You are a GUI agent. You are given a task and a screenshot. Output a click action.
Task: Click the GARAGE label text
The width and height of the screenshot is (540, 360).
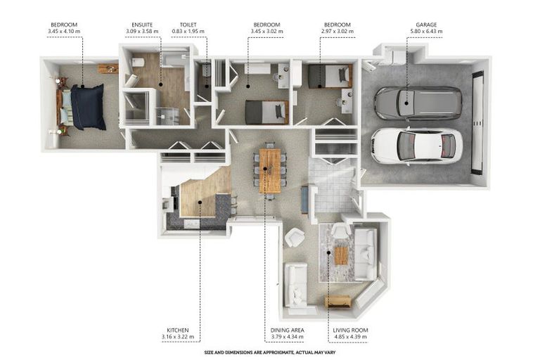426,25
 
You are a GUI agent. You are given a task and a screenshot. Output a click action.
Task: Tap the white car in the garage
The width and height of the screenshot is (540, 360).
417,146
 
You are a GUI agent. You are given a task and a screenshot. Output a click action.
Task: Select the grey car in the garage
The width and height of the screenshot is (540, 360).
418,103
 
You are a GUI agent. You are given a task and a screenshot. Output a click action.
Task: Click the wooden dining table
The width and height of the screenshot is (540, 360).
270,171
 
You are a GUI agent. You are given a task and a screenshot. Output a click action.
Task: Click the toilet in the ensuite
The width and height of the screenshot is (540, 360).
138,63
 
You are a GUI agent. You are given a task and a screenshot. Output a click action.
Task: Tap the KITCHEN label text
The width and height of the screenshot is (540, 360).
178,330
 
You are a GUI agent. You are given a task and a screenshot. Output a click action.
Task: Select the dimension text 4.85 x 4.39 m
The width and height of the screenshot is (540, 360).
350,337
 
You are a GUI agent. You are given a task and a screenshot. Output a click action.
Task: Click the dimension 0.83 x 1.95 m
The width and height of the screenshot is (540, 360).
188,32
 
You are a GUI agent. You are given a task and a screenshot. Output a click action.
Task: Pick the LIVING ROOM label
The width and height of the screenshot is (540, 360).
350,330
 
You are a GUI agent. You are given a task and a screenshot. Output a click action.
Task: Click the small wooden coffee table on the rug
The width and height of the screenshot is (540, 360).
341,255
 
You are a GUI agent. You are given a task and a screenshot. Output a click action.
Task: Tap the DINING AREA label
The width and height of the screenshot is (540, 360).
287,330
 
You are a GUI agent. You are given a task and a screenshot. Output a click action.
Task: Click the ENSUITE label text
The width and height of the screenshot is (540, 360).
142,25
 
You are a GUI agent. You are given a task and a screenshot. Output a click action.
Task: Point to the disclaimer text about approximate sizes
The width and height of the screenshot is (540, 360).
270,352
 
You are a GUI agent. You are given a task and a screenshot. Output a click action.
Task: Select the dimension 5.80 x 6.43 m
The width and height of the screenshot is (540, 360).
426,32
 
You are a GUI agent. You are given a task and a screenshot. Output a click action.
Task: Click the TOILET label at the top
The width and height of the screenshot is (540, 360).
188,25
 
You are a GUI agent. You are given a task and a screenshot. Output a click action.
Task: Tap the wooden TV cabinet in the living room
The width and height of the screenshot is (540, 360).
338,302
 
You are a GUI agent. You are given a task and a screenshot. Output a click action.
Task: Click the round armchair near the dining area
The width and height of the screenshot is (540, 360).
295,238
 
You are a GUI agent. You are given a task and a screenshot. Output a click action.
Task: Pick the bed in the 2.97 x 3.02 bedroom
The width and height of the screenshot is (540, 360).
330,76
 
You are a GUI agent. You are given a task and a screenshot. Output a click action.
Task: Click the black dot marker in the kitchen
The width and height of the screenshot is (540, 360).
200,202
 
